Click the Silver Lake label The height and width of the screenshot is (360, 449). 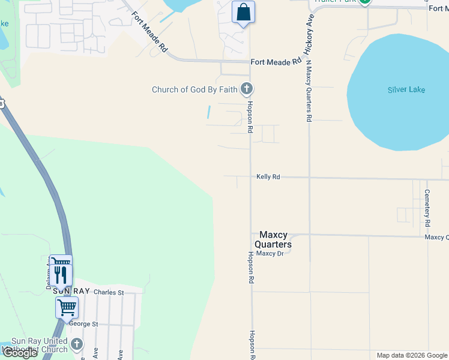406,90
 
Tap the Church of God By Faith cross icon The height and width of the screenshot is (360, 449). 246,89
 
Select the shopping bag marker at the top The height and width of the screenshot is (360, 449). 243,12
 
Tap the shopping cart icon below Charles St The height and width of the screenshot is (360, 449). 67,307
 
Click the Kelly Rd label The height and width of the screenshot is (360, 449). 268,177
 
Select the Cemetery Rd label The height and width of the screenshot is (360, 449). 427,207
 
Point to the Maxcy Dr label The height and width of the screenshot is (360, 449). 270,253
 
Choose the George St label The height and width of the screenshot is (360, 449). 83,324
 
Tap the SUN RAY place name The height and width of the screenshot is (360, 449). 71,291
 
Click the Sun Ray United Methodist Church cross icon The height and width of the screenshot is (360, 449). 76,344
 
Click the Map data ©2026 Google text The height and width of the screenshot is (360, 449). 411,355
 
